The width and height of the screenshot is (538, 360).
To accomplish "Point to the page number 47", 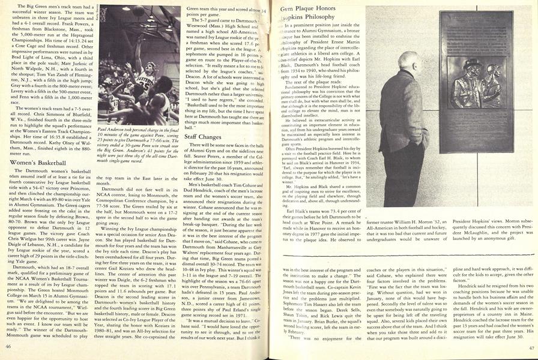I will coord(531,347).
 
